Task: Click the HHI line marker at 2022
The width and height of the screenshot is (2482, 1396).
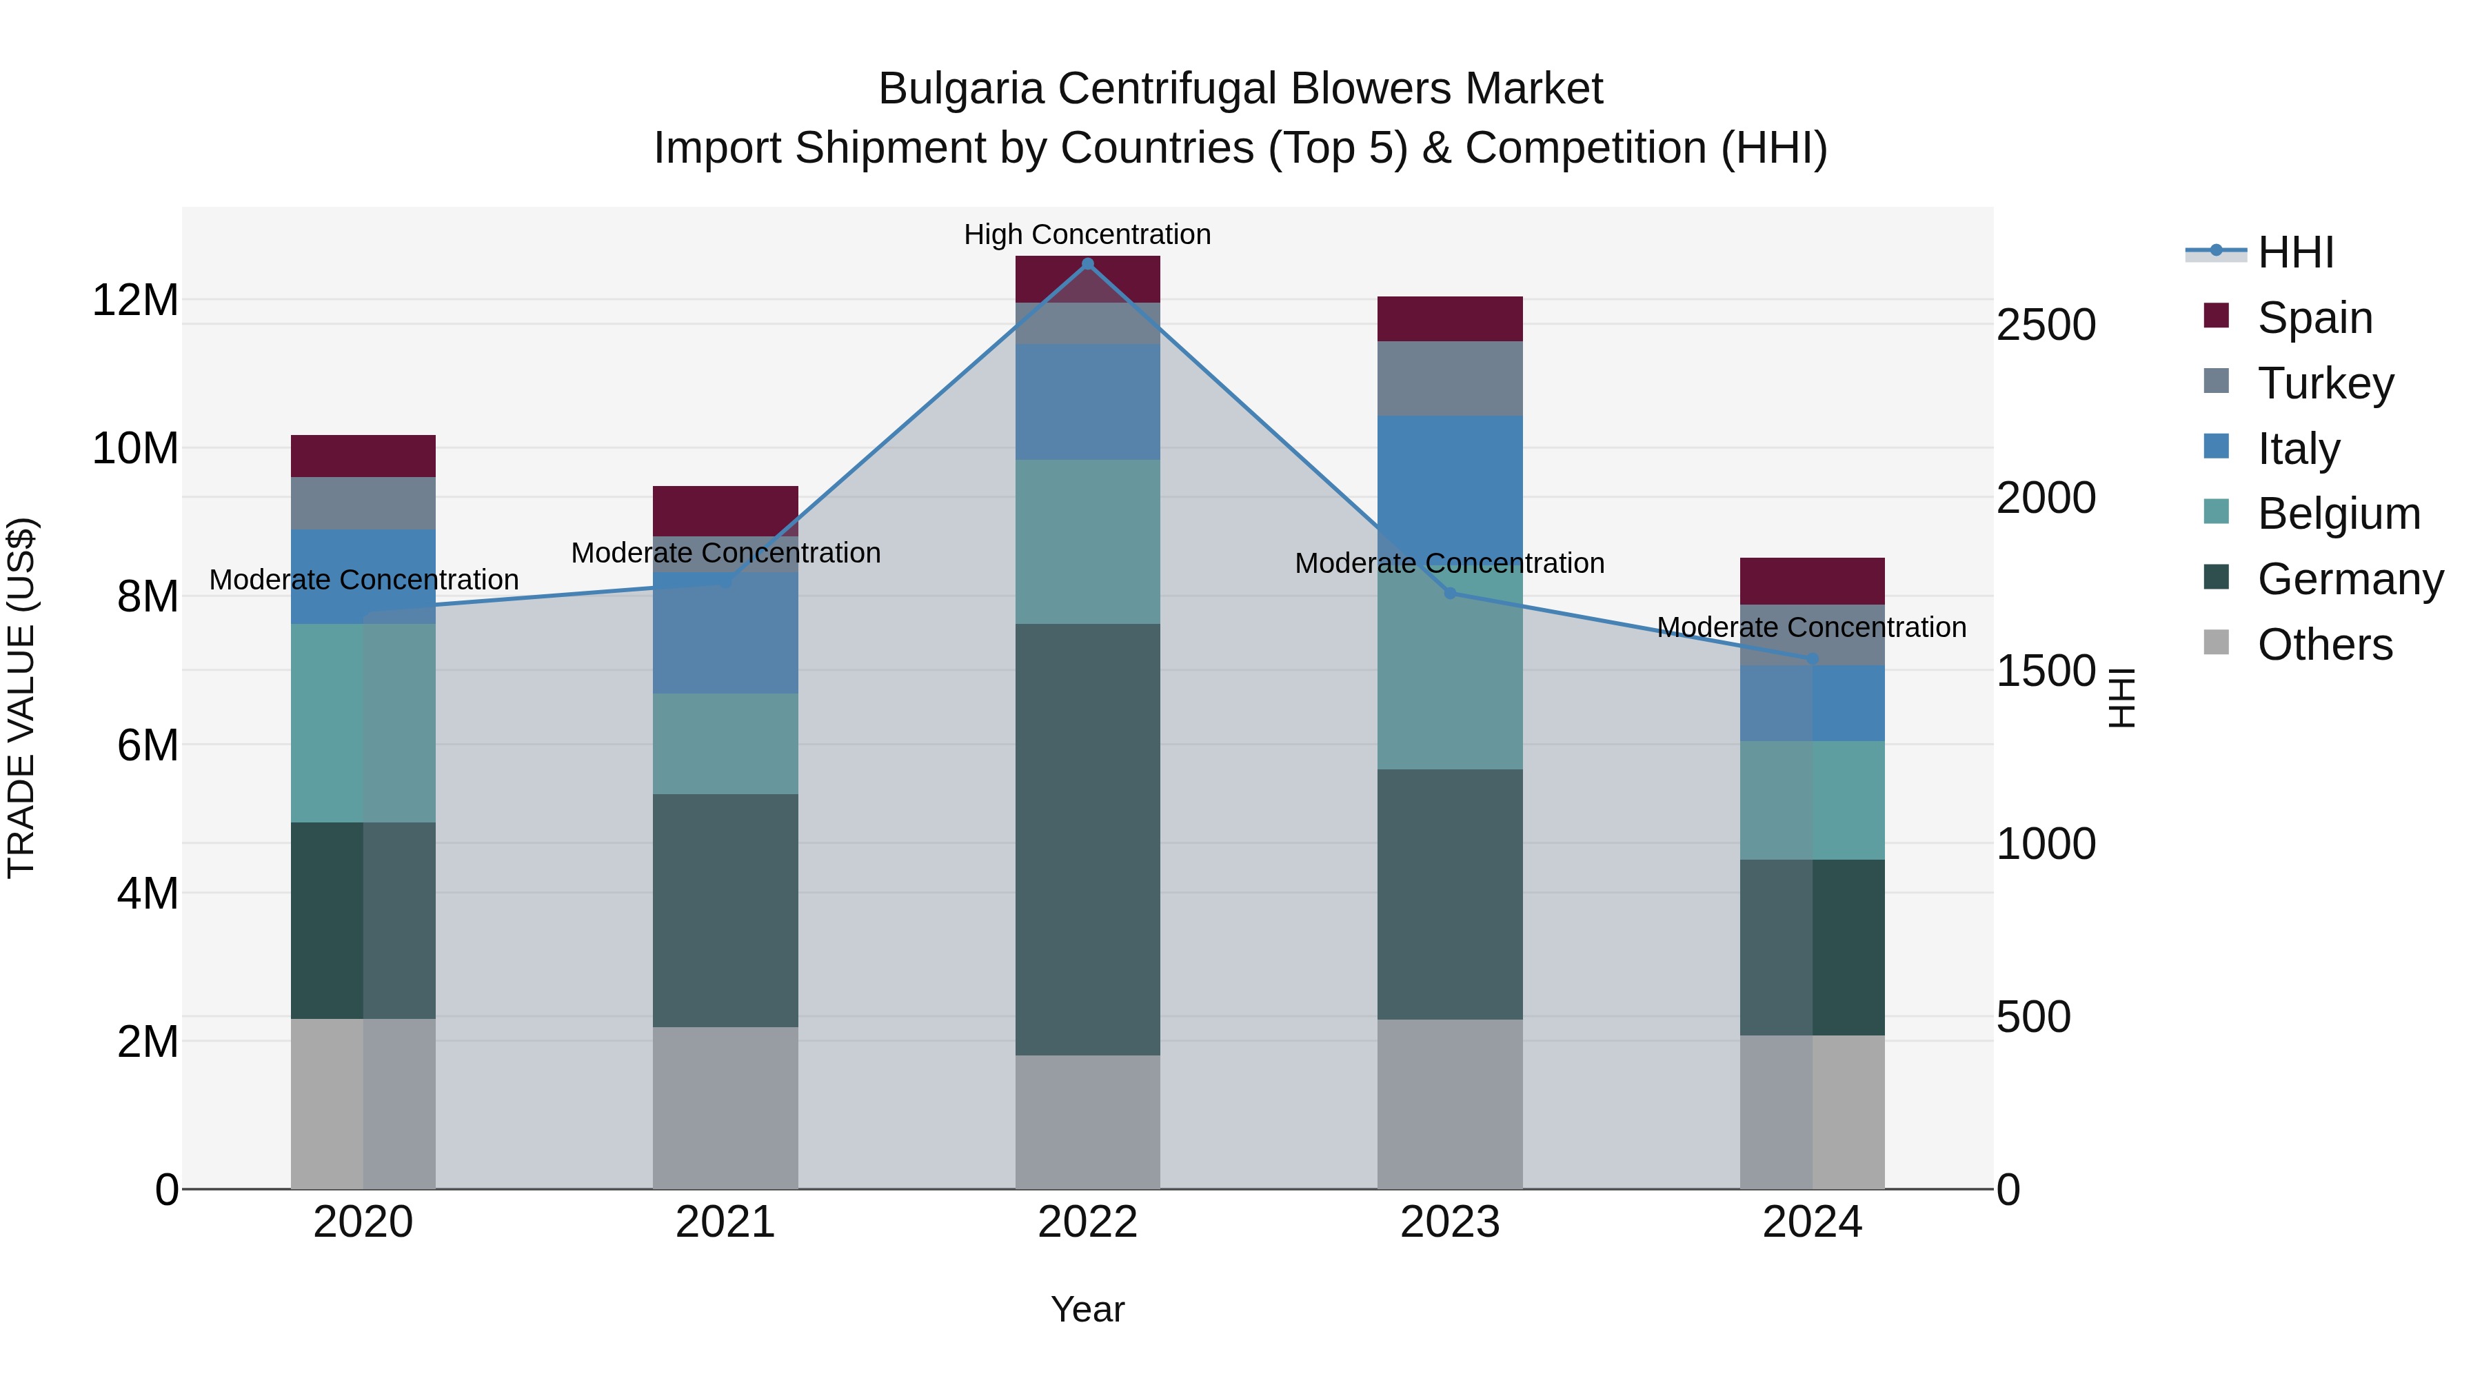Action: pyautogui.click(x=1088, y=263)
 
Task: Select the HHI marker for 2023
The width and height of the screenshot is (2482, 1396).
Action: pyautogui.click(x=1450, y=594)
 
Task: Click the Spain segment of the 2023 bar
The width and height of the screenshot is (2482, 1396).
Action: pyautogui.click(x=1450, y=319)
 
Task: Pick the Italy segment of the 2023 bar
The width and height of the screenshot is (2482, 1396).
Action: pyautogui.click(x=1450, y=482)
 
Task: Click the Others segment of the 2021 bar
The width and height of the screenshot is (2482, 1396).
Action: pyautogui.click(x=725, y=1108)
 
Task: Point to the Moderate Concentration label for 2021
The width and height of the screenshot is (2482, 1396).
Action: pyautogui.click(x=725, y=553)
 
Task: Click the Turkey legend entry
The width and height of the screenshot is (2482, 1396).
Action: pyautogui.click(x=2325, y=383)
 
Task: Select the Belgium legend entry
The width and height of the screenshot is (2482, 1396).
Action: pyautogui.click(x=2339, y=514)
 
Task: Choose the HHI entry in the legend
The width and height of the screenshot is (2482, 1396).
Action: pyautogui.click(x=2295, y=252)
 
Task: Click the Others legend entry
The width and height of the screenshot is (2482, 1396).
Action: pyautogui.click(x=2324, y=645)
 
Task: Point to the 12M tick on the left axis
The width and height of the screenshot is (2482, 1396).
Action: pyautogui.click(x=135, y=301)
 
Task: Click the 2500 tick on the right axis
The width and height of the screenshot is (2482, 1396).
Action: pyautogui.click(x=2046, y=325)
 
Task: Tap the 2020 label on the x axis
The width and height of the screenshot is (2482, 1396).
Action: pyautogui.click(x=363, y=1222)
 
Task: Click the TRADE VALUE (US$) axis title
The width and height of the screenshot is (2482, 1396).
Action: pyautogui.click(x=21, y=698)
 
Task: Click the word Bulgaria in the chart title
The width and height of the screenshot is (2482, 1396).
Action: pyautogui.click(x=960, y=89)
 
